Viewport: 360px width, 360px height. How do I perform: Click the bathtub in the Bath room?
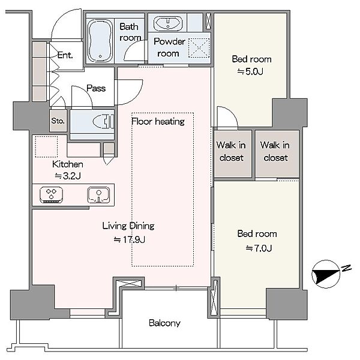(x=100, y=41)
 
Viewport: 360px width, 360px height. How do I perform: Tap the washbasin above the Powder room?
(x=168, y=23)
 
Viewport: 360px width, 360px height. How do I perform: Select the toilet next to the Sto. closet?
(x=104, y=121)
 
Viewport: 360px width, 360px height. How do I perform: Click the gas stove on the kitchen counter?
(x=51, y=194)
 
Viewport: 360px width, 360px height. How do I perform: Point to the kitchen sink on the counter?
(x=98, y=195)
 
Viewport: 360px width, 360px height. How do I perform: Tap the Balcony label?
(x=164, y=323)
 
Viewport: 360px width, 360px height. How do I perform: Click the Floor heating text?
(x=158, y=121)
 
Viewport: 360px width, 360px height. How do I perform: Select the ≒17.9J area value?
(x=129, y=239)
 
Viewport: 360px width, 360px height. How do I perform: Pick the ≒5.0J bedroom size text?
(x=250, y=71)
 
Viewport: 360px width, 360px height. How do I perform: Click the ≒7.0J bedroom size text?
(x=259, y=248)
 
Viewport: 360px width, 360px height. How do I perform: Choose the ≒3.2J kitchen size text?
(x=67, y=176)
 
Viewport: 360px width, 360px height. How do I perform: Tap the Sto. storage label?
(x=58, y=121)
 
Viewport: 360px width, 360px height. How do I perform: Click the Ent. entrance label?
(x=65, y=55)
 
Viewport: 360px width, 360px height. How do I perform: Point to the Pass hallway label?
(x=96, y=88)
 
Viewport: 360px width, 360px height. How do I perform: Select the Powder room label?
(x=169, y=47)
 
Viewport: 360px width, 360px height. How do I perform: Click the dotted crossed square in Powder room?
(x=199, y=48)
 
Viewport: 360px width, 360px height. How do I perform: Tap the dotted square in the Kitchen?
(x=46, y=147)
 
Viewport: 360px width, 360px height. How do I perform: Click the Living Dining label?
(x=128, y=226)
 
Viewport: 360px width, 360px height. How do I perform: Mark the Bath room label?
(x=130, y=32)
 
